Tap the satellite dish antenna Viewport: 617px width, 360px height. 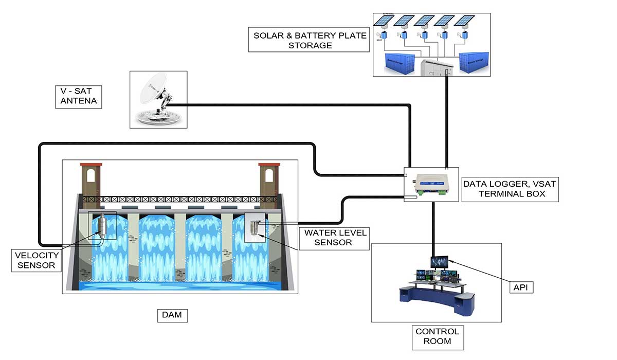coord(157,101)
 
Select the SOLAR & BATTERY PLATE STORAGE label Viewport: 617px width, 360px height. coord(309,40)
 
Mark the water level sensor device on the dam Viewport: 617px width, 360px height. coord(255,226)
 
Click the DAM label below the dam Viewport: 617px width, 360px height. coord(172,315)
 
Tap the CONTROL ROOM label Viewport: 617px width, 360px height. coord(437,337)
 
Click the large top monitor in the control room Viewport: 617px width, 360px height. coord(439,262)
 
